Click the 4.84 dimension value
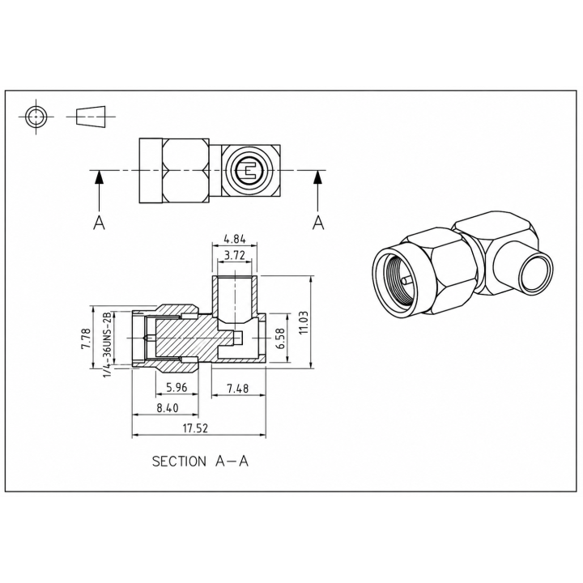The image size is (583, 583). pyautogui.click(x=234, y=239)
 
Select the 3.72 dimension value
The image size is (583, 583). pyautogui.click(x=235, y=255)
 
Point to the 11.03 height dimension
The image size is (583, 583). pyautogui.click(x=304, y=322)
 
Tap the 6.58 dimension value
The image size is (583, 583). pyautogui.click(x=281, y=338)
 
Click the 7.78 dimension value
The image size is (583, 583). pyautogui.click(x=86, y=338)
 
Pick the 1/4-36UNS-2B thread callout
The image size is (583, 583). pyautogui.click(x=108, y=343)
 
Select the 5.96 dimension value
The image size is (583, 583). pyautogui.click(x=177, y=388)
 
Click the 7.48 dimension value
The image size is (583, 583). pyautogui.click(x=238, y=389)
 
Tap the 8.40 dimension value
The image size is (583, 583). pyautogui.click(x=168, y=408)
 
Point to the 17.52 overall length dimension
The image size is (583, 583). pyautogui.click(x=195, y=428)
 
